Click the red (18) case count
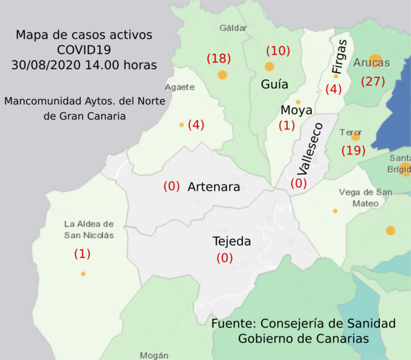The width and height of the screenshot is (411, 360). (x=219, y=59)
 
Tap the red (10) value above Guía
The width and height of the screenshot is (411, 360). (x=278, y=50)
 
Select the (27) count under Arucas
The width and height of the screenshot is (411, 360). (x=373, y=81)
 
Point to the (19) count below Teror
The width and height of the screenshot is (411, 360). (x=354, y=150)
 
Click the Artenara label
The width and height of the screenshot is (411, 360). (x=213, y=187)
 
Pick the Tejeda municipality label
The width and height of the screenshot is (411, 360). (x=232, y=242)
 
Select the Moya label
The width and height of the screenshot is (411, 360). (x=297, y=110)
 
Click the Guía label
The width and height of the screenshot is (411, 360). (x=274, y=85)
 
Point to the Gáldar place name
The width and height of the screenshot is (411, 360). (x=233, y=28)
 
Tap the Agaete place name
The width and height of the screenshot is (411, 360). (x=180, y=87)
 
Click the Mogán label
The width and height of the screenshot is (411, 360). (x=154, y=355)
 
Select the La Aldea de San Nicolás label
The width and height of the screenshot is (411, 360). (x=89, y=229)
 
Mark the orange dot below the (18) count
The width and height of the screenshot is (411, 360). (x=222, y=75)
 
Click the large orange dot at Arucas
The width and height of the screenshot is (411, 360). (x=375, y=60)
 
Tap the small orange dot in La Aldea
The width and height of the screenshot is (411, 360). (x=83, y=274)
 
